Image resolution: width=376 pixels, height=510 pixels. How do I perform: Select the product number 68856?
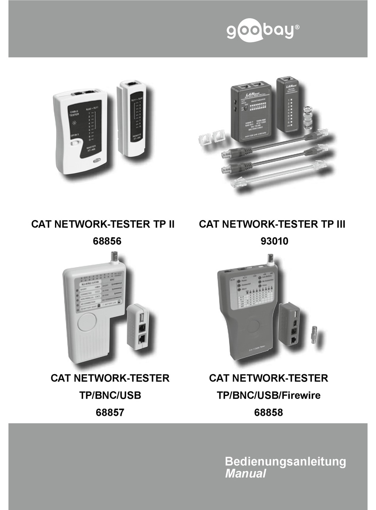tap(103, 241)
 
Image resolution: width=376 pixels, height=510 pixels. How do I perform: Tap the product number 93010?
tap(272, 241)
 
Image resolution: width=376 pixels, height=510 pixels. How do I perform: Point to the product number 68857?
tap(110, 412)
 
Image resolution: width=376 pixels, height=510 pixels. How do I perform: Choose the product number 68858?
tap(268, 412)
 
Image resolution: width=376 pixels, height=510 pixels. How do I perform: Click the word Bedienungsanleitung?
tap(285, 461)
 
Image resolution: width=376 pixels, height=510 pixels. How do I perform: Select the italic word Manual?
tap(245, 474)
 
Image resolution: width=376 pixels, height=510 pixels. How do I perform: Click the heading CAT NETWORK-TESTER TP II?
tap(103, 225)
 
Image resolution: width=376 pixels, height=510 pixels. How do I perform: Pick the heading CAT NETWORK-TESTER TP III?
tap(272, 225)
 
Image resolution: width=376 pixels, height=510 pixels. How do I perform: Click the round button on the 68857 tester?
tap(87, 322)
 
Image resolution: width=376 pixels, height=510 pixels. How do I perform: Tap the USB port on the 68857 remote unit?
tap(141, 319)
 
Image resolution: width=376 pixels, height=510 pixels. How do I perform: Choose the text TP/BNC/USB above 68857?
tap(110, 395)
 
